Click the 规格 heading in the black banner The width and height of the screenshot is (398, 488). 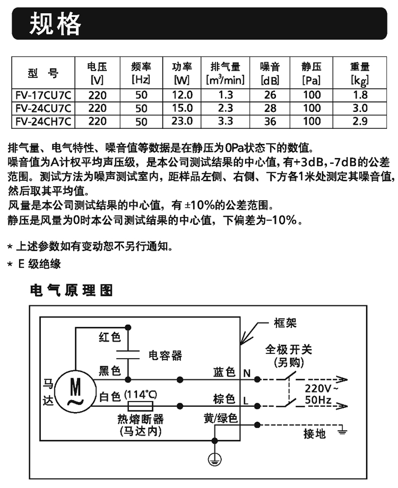pos(55,24)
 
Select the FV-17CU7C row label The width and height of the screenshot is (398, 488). pos(44,95)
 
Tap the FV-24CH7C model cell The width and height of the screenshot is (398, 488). pos(44,121)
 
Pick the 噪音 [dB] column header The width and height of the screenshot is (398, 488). pos(270,73)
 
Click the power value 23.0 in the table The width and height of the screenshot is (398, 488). pos(182,121)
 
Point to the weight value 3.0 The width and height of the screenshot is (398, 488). pos(360,108)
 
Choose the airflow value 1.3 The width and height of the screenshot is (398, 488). pos(226,95)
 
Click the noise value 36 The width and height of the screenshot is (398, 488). pos(270,121)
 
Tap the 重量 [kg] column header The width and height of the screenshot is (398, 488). pos(360,73)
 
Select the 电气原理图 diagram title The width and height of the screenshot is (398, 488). pos(71,290)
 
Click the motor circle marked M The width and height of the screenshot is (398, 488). pos(76,391)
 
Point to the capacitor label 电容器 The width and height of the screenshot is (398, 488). pos(165,355)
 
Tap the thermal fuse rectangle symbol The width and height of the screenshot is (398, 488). pos(141,406)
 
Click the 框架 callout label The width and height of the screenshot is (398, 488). pos(285,323)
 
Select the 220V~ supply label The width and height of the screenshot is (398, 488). pos(321,388)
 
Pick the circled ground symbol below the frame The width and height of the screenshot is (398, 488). pos(214,459)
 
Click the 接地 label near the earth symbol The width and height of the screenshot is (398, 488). pos(315,433)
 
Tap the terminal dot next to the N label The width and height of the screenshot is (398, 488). pos(257,379)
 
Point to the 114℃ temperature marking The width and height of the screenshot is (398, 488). pos(141,395)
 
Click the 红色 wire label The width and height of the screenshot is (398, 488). pos(110,337)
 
